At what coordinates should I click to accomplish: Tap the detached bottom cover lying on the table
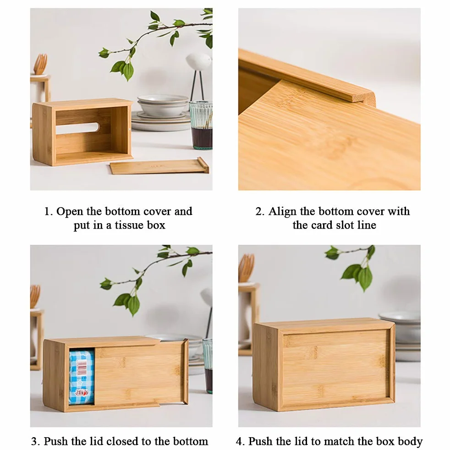tap(159, 166)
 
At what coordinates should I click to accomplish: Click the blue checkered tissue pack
tap(82, 377)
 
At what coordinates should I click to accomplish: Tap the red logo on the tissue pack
tap(82, 393)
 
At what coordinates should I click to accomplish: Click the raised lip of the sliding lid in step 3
tap(186, 372)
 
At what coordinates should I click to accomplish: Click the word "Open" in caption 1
tap(69, 212)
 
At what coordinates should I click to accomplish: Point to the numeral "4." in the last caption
tap(241, 441)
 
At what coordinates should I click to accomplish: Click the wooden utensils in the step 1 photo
tap(40, 64)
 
